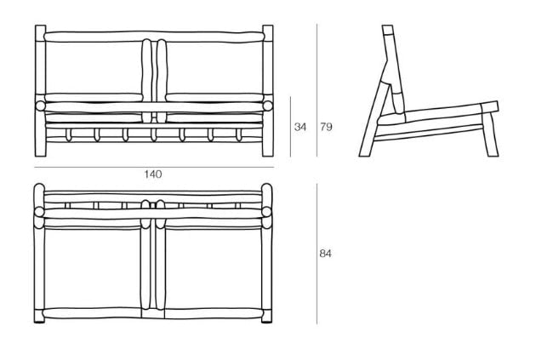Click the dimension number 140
click(x=153, y=174)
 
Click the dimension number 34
click(x=300, y=127)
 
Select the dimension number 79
click(x=326, y=127)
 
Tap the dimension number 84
click(x=325, y=254)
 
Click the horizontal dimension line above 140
click(x=154, y=168)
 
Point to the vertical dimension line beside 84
click(x=316, y=254)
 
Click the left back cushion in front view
click(x=94, y=67)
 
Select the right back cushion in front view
click(x=214, y=67)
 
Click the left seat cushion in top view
click(x=92, y=267)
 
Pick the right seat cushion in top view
click(x=214, y=267)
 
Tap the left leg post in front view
click(x=40, y=91)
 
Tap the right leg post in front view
click(x=268, y=91)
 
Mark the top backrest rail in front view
click(x=154, y=37)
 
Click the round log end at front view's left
click(x=40, y=106)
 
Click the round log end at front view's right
click(x=268, y=106)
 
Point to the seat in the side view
click(x=437, y=115)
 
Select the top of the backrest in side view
click(x=388, y=30)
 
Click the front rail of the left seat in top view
click(x=92, y=313)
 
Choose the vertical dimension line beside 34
click(x=291, y=127)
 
